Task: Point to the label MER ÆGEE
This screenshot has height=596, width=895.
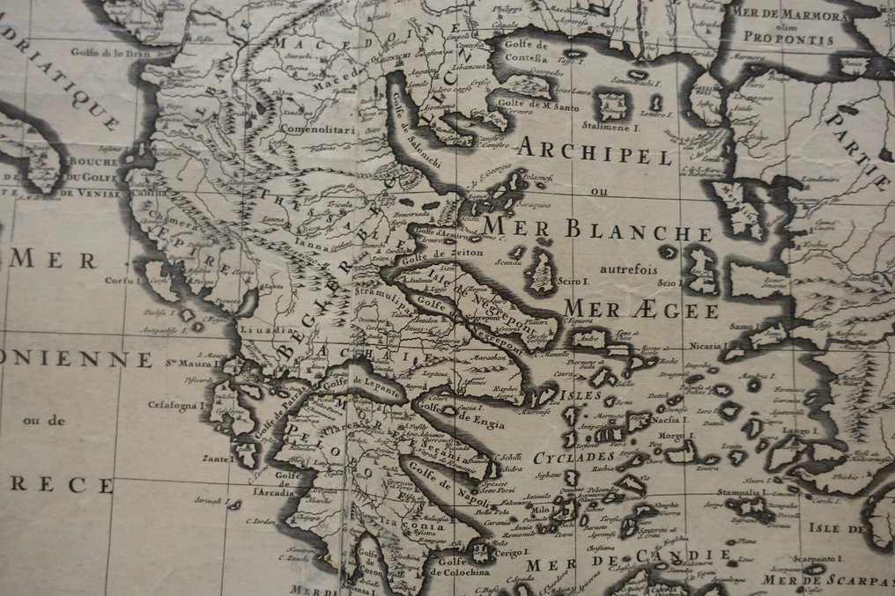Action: (x=640, y=310)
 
